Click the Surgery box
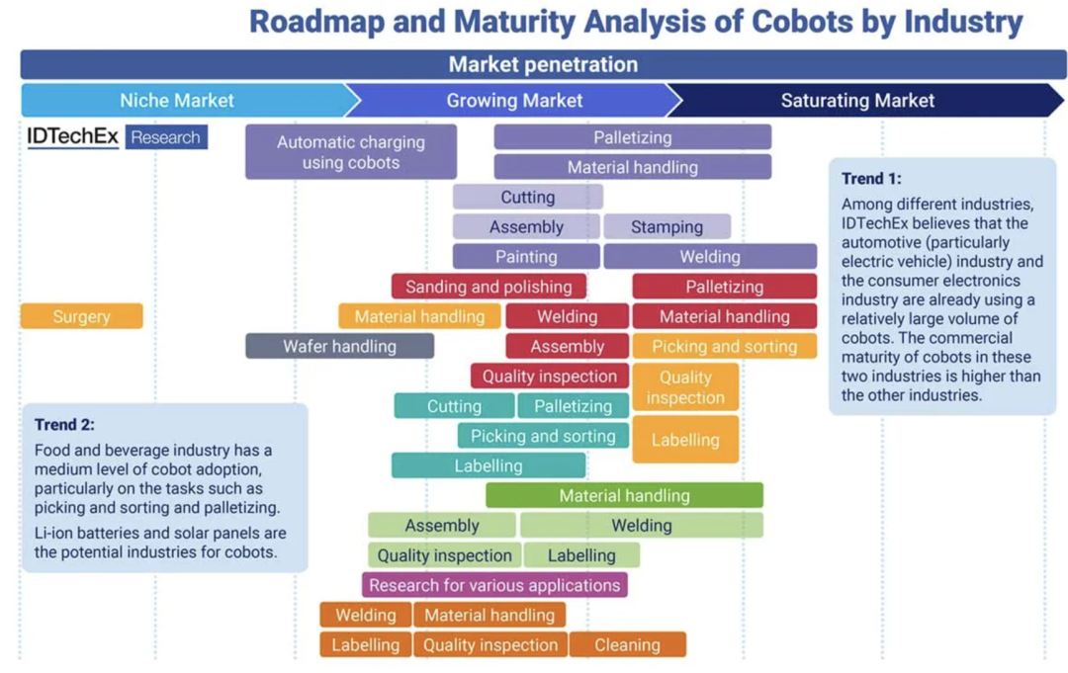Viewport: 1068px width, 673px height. [82, 316]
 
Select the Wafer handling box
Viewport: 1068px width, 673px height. [339, 346]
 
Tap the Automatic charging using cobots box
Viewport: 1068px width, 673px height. [351, 151]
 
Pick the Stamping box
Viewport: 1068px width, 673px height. [667, 226]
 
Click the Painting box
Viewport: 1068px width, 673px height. [526, 256]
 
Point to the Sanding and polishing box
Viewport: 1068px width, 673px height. [489, 287]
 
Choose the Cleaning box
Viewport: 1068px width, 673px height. [627, 644]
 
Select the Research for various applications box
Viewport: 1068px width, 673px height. [494, 585]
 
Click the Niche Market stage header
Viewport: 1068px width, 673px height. [178, 100]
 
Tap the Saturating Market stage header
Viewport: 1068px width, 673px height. [857, 100]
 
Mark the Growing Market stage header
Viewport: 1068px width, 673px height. [514, 100]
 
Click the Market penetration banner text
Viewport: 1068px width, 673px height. [543, 64]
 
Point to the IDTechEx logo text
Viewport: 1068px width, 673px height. [72, 137]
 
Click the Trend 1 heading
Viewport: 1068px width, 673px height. [871, 179]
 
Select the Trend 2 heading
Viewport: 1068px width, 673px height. [64, 425]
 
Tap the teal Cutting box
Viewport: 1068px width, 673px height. [454, 406]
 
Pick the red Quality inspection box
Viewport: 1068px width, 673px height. [549, 376]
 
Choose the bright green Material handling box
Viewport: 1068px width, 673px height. [624, 495]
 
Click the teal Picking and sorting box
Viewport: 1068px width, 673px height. [543, 436]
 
